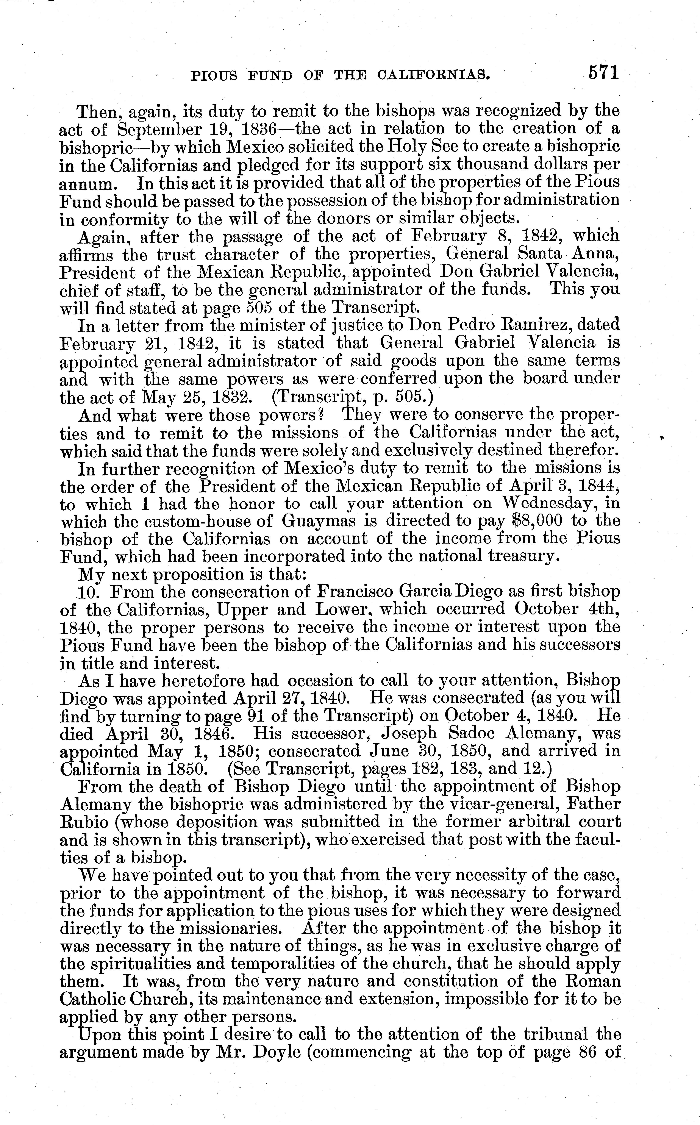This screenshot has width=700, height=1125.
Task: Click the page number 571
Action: point(604,73)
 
